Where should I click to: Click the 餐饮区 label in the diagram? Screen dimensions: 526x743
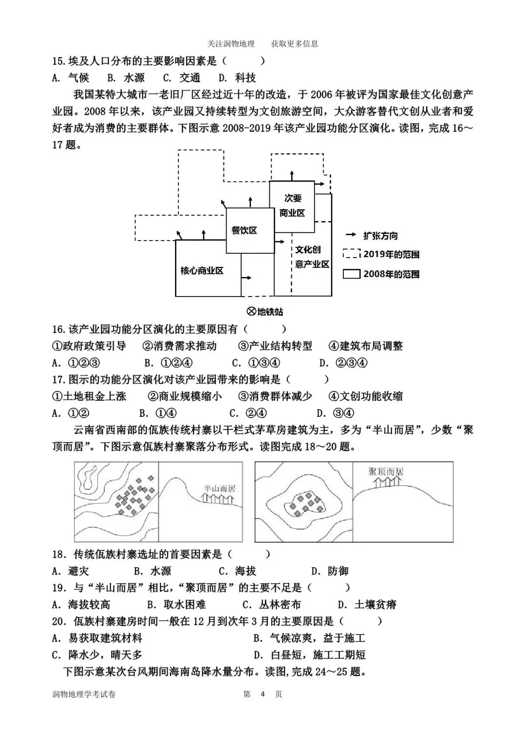coord(244,230)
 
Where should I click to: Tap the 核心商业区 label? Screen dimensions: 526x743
coord(202,271)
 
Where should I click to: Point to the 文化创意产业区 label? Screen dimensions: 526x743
coord(312,257)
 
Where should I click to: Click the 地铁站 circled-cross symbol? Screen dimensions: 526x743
coord(252,312)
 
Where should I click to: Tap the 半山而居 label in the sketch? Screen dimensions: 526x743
coord(219,488)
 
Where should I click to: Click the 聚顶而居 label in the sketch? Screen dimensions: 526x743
coord(386,471)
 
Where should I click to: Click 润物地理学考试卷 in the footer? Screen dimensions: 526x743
coord(84,694)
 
